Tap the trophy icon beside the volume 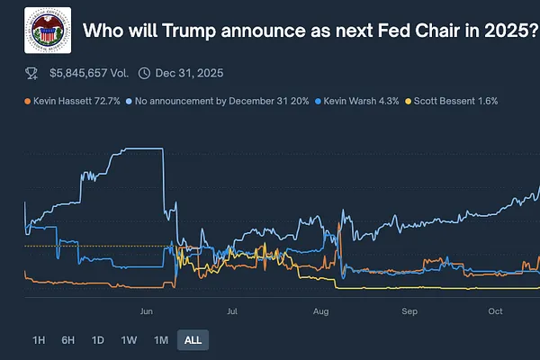[31, 73]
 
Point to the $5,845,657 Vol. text [89, 73]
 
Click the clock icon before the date [145, 73]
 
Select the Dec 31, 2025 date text [188, 73]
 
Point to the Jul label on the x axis [232, 311]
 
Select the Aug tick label [321, 311]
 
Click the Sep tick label [410, 311]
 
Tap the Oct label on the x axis [495, 311]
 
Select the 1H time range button [39, 340]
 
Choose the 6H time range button [68, 340]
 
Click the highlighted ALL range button [193, 340]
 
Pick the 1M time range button [161, 340]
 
